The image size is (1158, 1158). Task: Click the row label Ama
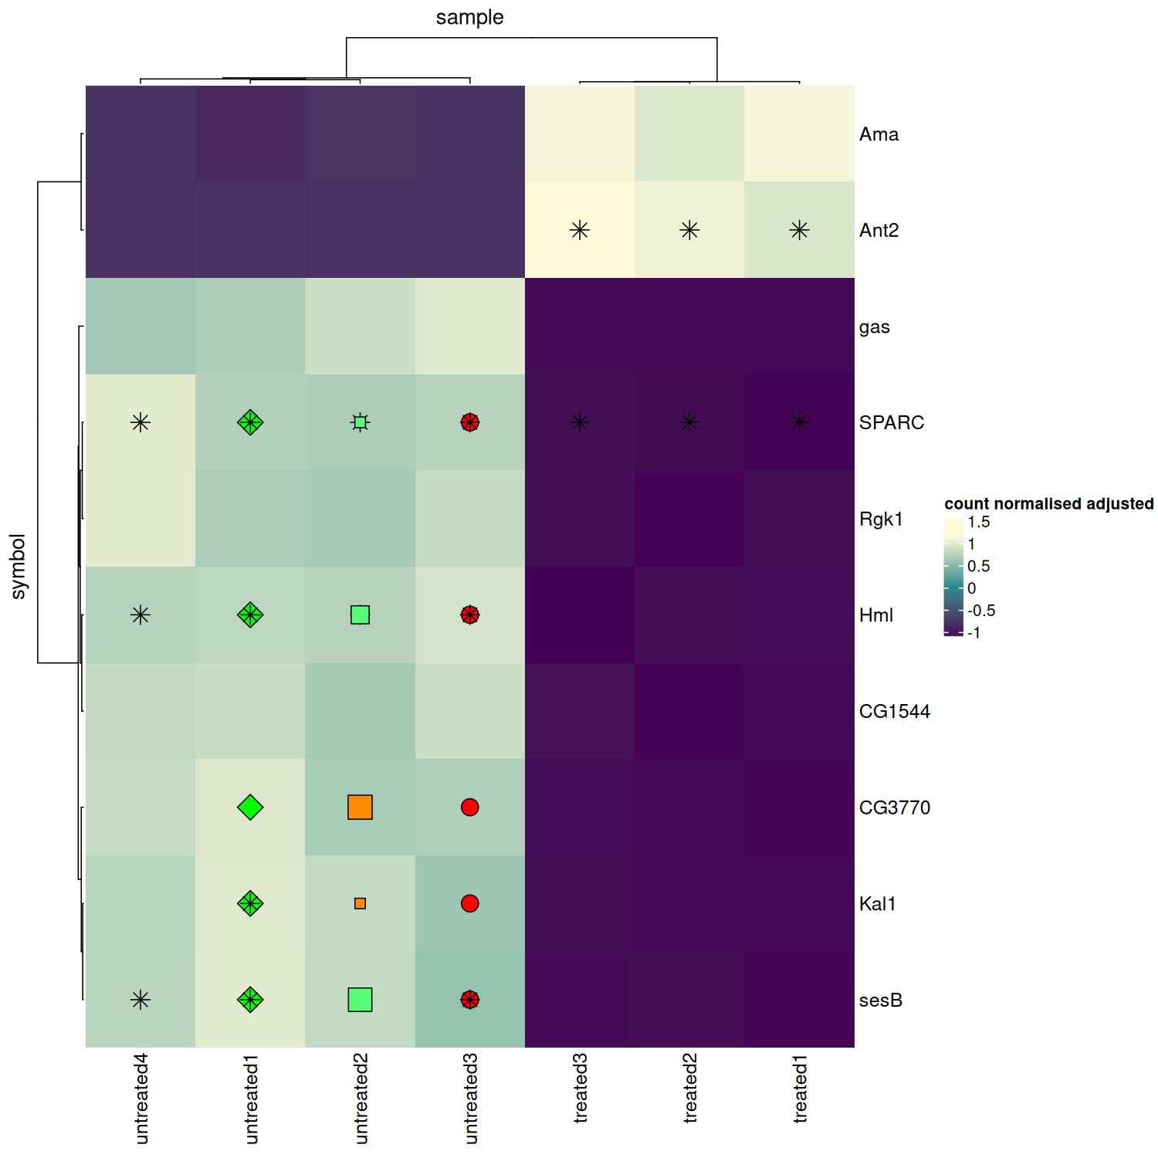pos(879,134)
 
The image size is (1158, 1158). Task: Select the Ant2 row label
pos(879,230)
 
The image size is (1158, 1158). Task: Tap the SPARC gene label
pos(891,422)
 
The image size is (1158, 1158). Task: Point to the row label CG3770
pos(894,808)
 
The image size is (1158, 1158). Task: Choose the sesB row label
pos(880,1000)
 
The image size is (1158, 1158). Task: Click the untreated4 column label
pos(141,1098)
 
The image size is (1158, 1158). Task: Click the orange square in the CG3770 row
pos(360,807)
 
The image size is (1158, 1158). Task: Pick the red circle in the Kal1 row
pos(469,903)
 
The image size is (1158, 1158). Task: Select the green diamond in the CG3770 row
pos(250,807)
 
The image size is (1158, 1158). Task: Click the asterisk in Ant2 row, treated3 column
pos(580,230)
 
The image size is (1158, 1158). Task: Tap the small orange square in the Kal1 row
pos(360,903)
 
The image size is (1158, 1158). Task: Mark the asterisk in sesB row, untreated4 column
pos(141,1000)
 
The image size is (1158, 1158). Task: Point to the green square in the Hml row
pos(360,615)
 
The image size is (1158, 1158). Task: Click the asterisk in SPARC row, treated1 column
pos(800,422)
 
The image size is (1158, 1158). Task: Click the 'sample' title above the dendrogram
pos(469,17)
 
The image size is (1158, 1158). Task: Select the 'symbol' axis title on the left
pos(18,566)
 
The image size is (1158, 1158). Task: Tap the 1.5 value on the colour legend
pos(978,522)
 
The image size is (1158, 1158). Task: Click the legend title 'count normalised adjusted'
pos(1048,503)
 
